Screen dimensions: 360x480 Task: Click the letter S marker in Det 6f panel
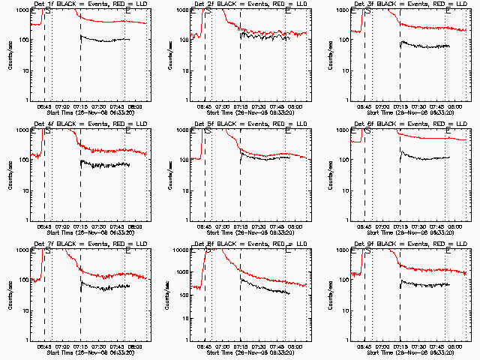(368, 132)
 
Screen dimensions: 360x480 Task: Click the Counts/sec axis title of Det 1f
(10, 55)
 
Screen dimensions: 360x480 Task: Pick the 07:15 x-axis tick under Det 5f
(241, 226)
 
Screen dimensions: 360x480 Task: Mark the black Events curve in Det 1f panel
(105, 39)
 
